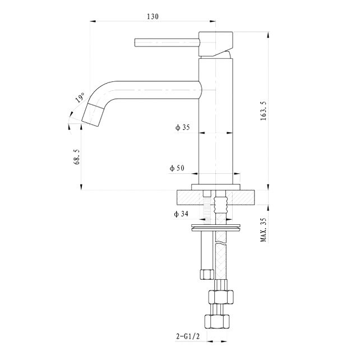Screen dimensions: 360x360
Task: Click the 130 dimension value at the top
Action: coord(153,16)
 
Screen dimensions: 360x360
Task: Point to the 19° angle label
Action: coord(80,99)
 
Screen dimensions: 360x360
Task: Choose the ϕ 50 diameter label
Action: coord(178,168)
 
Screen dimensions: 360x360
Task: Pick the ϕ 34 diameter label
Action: coord(181,214)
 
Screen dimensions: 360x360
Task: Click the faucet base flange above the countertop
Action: coord(216,187)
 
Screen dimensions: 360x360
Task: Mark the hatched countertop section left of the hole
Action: coord(190,198)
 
